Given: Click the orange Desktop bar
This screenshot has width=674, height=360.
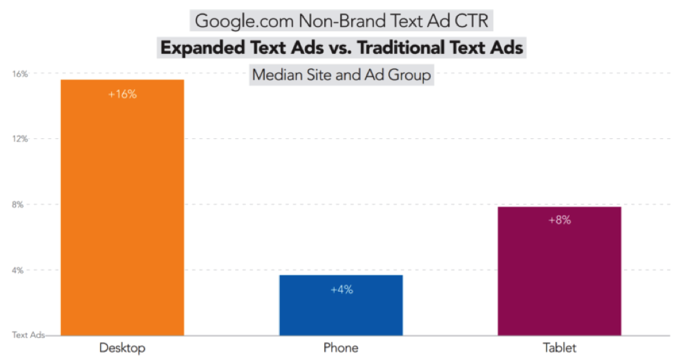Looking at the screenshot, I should (x=122, y=207).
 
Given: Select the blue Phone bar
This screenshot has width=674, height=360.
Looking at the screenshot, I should (x=341, y=307).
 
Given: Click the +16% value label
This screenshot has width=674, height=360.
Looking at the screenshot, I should (x=122, y=95).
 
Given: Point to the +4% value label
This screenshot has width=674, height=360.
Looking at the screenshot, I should (x=341, y=290).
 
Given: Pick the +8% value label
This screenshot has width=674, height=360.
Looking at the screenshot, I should (x=559, y=220).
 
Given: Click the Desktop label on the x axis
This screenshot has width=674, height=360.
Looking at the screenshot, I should (x=122, y=348).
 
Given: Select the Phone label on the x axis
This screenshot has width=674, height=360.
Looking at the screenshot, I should (x=341, y=348).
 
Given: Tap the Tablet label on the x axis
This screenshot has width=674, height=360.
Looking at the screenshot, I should (x=559, y=348).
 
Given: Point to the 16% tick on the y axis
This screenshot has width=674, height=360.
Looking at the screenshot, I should (x=19, y=74).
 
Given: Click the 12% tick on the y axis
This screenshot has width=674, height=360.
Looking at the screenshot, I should (x=19, y=139).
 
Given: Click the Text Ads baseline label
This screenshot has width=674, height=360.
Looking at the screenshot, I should (x=28, y=335).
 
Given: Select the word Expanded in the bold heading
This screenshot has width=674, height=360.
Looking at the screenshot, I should (x=203, y=48).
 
